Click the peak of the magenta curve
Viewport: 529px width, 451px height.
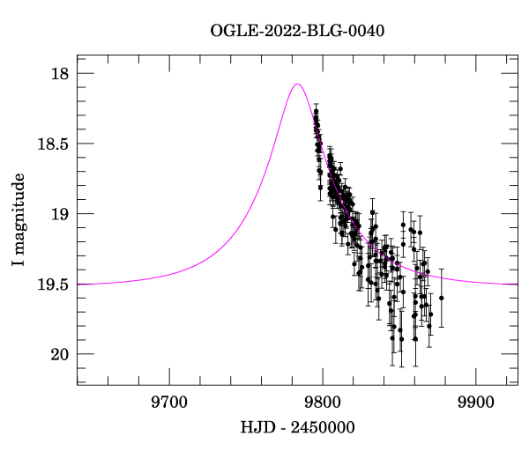click(298, 85)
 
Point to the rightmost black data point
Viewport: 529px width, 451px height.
click(441, 298)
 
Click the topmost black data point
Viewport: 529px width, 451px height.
click(316, 111)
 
